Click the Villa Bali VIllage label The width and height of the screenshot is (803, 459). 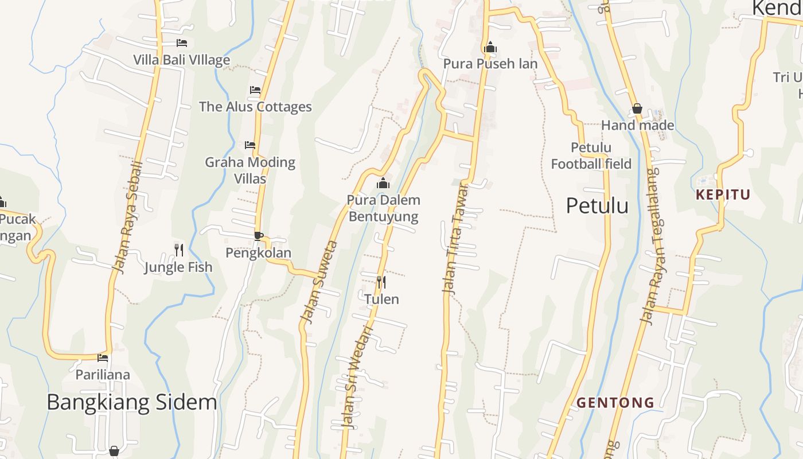pos(181,60)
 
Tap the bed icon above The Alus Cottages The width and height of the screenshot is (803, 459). pos(255,90)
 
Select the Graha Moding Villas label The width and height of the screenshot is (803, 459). pos(250,170)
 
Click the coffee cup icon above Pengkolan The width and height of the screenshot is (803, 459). pos(259,235)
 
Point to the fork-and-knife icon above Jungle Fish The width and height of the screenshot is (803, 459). pos(179,250)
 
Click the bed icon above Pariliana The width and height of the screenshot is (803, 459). pos(103,357)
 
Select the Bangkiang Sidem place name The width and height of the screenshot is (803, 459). pos(131,402)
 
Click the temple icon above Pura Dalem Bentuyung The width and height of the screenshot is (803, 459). pos(383,184)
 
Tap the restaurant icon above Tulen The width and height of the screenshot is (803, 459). pos(381,282)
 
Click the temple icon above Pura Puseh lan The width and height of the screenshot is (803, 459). pos(490,48)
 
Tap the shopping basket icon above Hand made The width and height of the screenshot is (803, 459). pos(637,108)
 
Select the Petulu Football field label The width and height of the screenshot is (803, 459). pos(591,156)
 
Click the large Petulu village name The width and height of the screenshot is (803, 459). pos(597,205)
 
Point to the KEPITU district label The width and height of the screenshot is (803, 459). pos(723,195)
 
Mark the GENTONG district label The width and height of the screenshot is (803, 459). pos(615,403)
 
